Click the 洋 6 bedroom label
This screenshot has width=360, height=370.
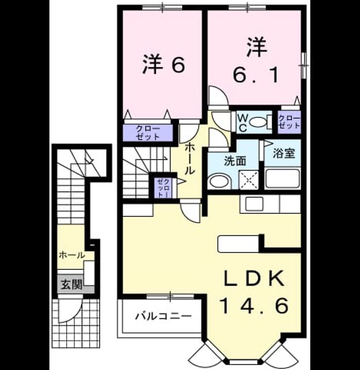coord(163,64)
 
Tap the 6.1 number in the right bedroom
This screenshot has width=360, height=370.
coord(255,75)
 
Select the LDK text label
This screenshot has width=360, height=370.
coord(254,279)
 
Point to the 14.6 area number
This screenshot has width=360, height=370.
coord(254,306)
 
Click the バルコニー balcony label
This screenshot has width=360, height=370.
coord(164,316)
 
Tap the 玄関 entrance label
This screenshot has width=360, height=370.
coord(72,285)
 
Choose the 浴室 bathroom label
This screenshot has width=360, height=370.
coord(284,153)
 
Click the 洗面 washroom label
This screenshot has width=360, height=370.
coord(235,161)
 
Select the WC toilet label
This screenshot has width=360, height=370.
coord(242,123)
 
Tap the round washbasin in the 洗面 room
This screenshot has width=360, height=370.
coord(220,182)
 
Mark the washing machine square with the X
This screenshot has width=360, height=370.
coord(248,180)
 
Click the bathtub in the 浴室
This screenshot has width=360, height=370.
coord(283,179)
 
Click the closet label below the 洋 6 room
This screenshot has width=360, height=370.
coord(148,133)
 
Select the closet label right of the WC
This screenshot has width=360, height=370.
coord(290,122)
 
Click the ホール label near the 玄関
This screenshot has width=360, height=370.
coord(72,255)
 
